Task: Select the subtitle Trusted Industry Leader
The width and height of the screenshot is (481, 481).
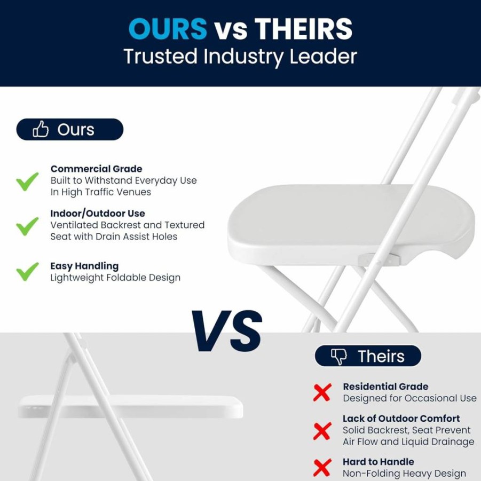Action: (x=240, y=57)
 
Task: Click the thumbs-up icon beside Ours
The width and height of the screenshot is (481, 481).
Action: (x=41, y=129)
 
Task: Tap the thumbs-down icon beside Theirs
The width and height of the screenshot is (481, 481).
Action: (x=338, y=356)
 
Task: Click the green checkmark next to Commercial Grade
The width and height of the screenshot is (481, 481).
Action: (x=27, y=182)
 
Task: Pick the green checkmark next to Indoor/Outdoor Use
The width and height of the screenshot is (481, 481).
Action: (x=27, y=226)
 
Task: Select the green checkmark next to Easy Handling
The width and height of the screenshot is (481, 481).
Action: (x=27, y=272)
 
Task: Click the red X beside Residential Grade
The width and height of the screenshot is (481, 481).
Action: (x=322, y=392)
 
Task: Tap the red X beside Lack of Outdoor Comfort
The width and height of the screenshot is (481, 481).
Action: (x=322, y=431)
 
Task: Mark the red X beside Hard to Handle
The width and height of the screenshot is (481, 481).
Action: (x=322, y=468)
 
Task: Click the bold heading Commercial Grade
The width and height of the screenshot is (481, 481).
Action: (x=96, y=169)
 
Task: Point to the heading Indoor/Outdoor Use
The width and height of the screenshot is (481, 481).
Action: (x=98, y=213)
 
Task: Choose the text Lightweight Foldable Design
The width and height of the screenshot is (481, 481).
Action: (x=115, y=278)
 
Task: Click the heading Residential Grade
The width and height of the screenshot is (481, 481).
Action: (x=385, y=387)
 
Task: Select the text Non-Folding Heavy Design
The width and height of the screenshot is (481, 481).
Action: (x=404, y=474)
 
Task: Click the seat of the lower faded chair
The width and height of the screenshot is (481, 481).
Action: (x=130, y=406)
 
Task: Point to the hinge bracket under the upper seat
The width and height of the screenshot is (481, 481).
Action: (x=379, y=260)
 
